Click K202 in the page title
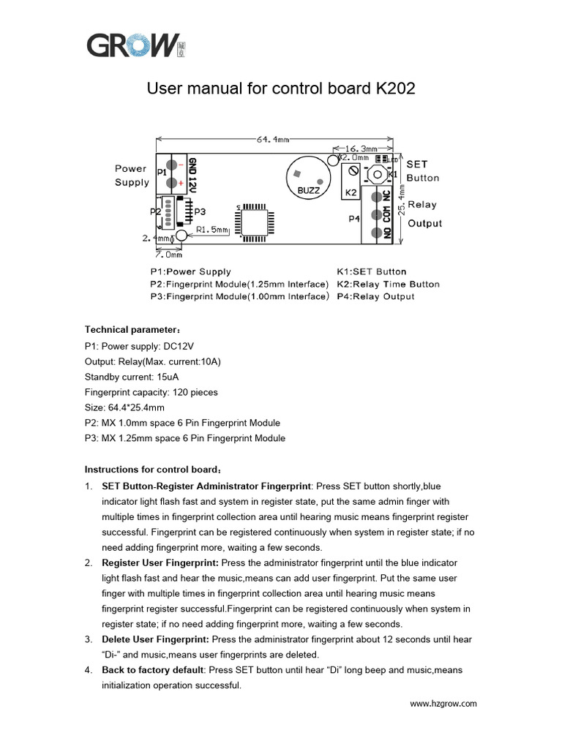(394, 89)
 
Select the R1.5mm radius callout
(212, 230)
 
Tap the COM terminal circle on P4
(378, 214)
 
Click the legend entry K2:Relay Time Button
(388, 284)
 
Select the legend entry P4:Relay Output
(375, 296)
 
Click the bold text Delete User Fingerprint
(155, 639)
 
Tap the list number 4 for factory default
(88, 670)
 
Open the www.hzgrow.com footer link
(443, 704)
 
